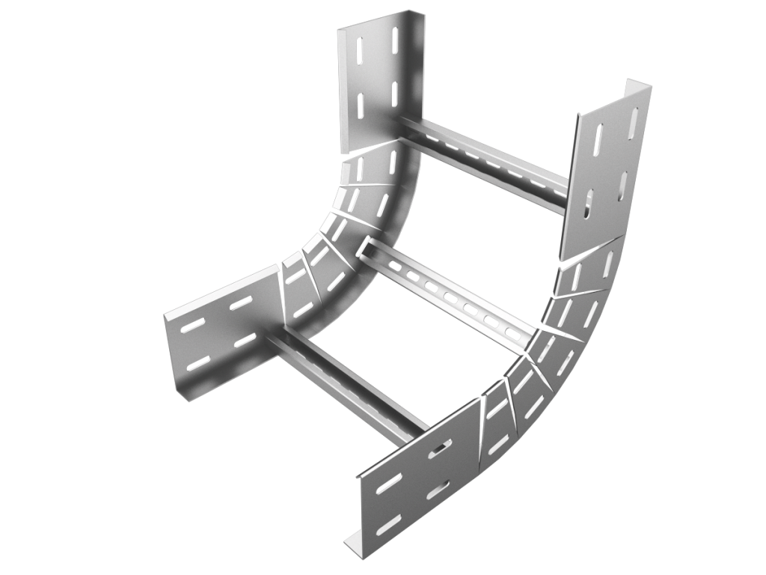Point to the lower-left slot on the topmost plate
[361, 105]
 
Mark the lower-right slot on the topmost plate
[394, 94]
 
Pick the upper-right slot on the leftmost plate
[240, 302]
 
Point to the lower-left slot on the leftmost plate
[198, 364]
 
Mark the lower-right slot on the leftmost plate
[245, 341]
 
